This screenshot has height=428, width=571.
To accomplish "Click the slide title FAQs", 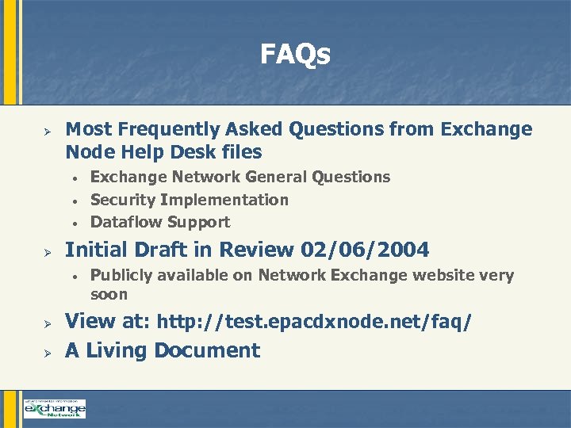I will click(295, 55).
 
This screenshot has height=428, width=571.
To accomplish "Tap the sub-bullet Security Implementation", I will click(190, 200).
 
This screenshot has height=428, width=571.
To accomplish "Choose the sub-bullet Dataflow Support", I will click(160, 222).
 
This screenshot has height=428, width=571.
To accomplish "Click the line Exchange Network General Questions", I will click(240, 177).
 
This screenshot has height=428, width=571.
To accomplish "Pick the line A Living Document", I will click(163, 350).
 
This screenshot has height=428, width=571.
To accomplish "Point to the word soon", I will click(109, 294).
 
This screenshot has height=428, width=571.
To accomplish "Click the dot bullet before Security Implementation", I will click(72, 201).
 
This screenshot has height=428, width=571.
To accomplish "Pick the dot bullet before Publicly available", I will click(72, 276).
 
